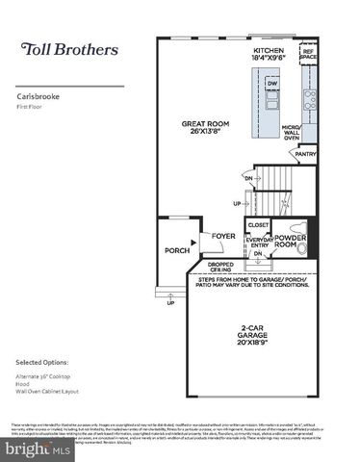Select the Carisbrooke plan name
tap(36, 97)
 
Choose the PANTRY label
tap(306, 153)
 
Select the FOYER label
tap(223, 235)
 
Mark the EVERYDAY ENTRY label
tap(258, 243)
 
